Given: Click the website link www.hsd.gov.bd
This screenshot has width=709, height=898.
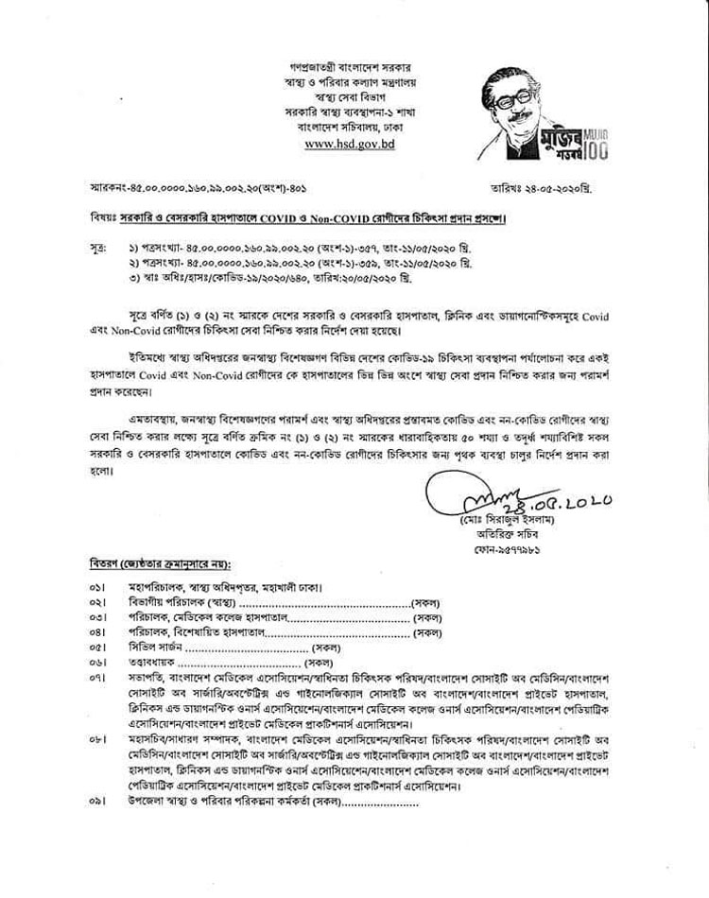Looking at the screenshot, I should [354, 144].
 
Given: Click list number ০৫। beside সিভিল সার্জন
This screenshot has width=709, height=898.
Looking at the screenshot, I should [96, 648].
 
